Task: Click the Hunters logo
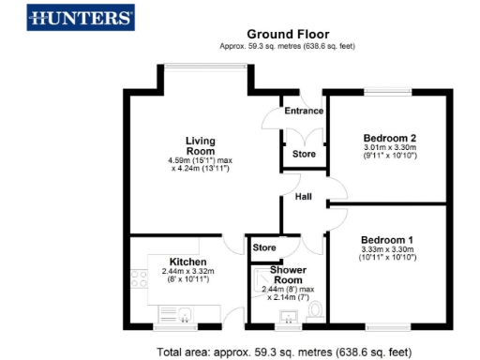[81, 17]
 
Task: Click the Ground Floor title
[288, 35]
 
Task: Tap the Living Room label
[200, 146]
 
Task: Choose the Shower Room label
[288, 276]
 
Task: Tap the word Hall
[304, 197]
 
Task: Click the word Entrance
[304, 112]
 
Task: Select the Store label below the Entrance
[304, 154]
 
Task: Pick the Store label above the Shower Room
[265, 247]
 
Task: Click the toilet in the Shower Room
[316, 310]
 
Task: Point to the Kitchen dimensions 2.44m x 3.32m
[181, 272]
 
